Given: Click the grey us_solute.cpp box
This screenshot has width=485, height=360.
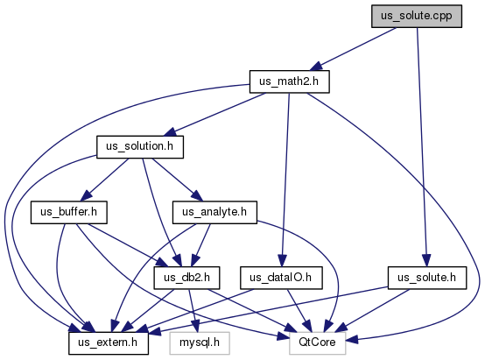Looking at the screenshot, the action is pos(417,16).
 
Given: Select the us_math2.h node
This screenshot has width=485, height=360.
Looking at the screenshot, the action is pos(290,81).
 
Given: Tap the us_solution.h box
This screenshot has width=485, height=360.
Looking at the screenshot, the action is pos(140,147).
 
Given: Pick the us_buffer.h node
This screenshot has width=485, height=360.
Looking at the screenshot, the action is pos(68,212).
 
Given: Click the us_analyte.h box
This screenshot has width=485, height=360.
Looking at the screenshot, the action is pos(214,212).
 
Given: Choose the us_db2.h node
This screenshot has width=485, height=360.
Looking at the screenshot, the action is pos(186,278).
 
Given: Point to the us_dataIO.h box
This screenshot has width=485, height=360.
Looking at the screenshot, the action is pos(281,278).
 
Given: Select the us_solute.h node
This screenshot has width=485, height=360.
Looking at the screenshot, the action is pos(427,278).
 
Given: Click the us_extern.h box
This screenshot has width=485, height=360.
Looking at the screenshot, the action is pos(109,343).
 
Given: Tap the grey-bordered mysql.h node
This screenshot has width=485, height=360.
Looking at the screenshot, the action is pos(200,343).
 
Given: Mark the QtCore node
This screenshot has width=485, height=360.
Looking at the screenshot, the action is pos(318,343).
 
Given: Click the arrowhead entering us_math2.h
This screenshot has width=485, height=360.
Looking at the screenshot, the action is pos(316,67).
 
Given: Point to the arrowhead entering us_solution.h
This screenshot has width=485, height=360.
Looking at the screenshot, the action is pos(170,132).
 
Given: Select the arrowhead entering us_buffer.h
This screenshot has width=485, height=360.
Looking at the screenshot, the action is pos(87,195).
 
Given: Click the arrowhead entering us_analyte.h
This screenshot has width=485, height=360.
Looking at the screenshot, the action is pos(197,196).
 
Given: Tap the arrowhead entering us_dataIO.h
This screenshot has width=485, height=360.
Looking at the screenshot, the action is pos(282,261).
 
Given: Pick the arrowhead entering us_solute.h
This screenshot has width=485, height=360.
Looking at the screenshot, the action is pos(426,261).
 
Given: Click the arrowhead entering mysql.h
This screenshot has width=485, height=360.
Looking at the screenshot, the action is pos(196,327).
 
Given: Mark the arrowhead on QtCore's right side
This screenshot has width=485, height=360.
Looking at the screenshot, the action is pos(352,340).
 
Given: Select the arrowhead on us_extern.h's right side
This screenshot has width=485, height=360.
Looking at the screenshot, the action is pos(155,332).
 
